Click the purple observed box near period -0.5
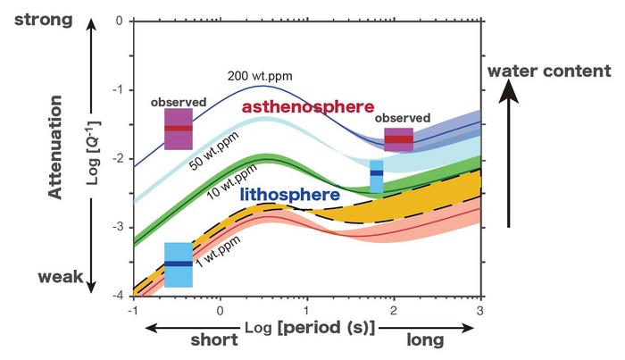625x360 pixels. point(178,129)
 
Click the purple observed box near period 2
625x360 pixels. point(398,139)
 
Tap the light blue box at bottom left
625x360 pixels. point(178,264)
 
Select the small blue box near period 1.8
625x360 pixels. point(376,176)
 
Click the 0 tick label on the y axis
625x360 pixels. point(120,21)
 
